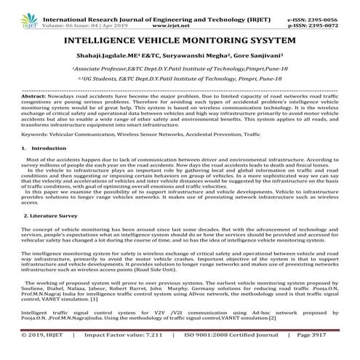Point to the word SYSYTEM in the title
241,34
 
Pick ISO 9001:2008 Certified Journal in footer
234,354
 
